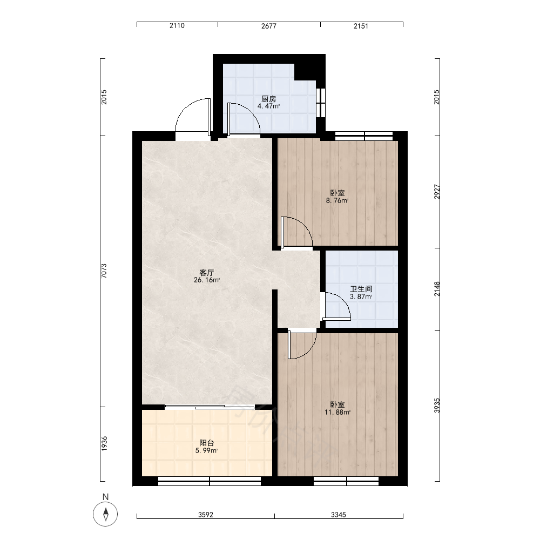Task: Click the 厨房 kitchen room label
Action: click(x=268, y=99)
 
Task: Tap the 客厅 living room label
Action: click(x=207, y=273)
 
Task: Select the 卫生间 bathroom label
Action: click(x=361, y=289)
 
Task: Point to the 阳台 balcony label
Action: click(x=207, y=443)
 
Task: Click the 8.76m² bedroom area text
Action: click(x=337, y=201)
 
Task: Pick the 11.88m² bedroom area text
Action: click(x=337, y=412)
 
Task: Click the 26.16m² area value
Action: click(x=207, y=280)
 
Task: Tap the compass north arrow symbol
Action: click(x=106, y=514)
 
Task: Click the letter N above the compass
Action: click(x=106, y=497)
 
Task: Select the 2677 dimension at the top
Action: click(x=268, y=26)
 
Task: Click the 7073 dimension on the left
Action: click(x=104, y=271)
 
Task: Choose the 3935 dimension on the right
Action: click(x=437, y=406)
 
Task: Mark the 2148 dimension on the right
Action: click(x=437, y=289)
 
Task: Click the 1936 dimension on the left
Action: click(x=104, y=443)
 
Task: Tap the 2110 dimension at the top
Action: click(x=177, y=26)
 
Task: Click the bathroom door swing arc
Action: click(x=343, y=300)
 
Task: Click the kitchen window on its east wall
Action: click(x=321, y=103)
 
